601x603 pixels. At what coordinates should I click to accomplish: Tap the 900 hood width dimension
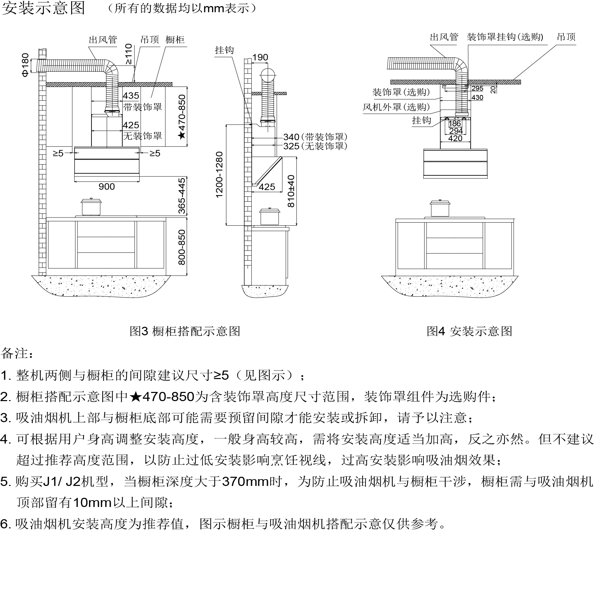(x=107, y=187)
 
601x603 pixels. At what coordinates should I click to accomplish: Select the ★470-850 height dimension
(x=182, y=117)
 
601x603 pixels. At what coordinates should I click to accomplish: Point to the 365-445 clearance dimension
(x=182, y=196)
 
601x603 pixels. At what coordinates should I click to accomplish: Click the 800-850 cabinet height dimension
(x=182, y=247)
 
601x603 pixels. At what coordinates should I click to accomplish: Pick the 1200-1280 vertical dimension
(x=220, y=175)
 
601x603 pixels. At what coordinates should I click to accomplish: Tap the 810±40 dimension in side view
(x=291, y=191)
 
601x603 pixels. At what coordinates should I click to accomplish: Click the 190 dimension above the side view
(x=260, y=58)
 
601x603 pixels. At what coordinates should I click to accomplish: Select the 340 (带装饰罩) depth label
(x=315, y=137)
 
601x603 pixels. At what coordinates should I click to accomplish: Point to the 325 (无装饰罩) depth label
(x=315, y=146)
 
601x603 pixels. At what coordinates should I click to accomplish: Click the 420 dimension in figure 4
(x=455, y=138)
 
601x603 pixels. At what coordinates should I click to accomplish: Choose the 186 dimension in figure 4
(x=455, y=124)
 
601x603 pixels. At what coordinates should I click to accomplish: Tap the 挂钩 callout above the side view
(x=224, y=50)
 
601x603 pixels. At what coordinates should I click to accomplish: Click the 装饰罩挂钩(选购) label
(x=505, y=37)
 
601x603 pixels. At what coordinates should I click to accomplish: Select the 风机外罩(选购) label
(x=396, y=107)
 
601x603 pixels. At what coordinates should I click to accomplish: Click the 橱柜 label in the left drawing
(x=175, y=40)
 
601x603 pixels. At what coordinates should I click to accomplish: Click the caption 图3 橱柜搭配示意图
(x=185, y=331)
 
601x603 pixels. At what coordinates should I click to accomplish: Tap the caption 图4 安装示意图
(x=470, y=331)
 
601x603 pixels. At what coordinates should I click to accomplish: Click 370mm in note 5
(x=245, y=482)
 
